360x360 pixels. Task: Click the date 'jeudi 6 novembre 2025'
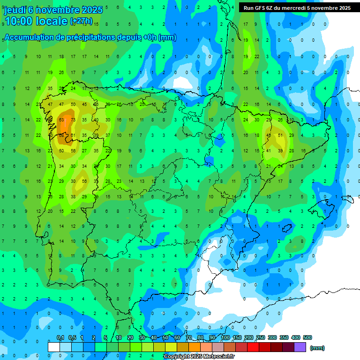[x=53, y=10]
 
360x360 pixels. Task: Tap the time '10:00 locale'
[x=36, y=21]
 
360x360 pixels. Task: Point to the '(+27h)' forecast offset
[x=81, y=21]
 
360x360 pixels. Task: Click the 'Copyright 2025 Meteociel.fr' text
[x=199, y=357]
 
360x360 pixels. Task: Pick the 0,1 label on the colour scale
[x=60, y=337]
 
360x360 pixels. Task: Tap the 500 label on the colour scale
[x=307, y=337]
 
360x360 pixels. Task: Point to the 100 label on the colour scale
[x=225, y=337]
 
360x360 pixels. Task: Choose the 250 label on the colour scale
[x=261, y=337]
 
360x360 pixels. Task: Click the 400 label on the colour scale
[x=296, y=337]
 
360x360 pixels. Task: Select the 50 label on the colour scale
[x=166, y=337]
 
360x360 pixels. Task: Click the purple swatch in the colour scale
[x=300, y=347]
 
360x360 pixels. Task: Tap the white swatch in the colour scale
[x=54, y=347]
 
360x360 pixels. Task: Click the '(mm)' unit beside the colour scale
[x=317, y=348]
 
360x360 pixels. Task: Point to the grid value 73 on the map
[x=73, y=120]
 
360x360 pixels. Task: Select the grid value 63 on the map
[x=61, y=120]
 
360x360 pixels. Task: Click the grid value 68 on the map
[x=61, y=135]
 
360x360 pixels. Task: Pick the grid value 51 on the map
[x=280, y=135]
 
